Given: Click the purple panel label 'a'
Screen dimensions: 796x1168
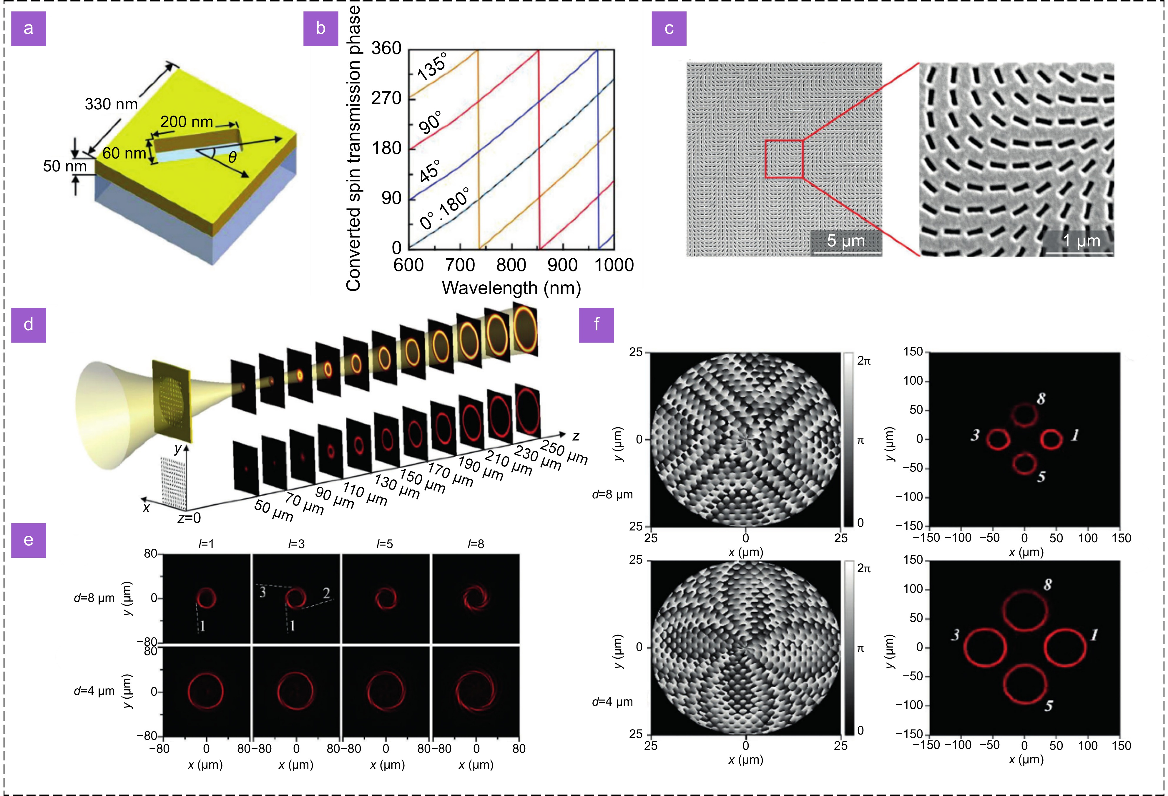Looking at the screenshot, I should click(29, 28).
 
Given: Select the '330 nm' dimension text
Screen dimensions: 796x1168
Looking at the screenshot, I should click(111, 104).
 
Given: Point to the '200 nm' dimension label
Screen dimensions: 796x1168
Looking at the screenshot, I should click(187, 121).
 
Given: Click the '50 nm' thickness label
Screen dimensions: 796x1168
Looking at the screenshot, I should click(64, 166).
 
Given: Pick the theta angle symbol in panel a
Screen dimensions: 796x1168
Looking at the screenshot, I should click(232, 158).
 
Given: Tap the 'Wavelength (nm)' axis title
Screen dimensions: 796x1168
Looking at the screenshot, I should click(511, 288).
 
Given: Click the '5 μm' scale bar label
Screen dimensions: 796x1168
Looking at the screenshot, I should click(846, 241).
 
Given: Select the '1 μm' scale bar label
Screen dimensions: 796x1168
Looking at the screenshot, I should click(1081, 241).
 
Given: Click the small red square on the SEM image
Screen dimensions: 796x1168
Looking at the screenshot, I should click(784, 159).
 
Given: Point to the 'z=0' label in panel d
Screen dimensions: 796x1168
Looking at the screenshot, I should click(189, 518).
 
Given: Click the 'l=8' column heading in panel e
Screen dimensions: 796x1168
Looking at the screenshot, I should click(476, 544).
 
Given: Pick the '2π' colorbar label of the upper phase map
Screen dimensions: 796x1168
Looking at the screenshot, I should click(863, 361).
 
